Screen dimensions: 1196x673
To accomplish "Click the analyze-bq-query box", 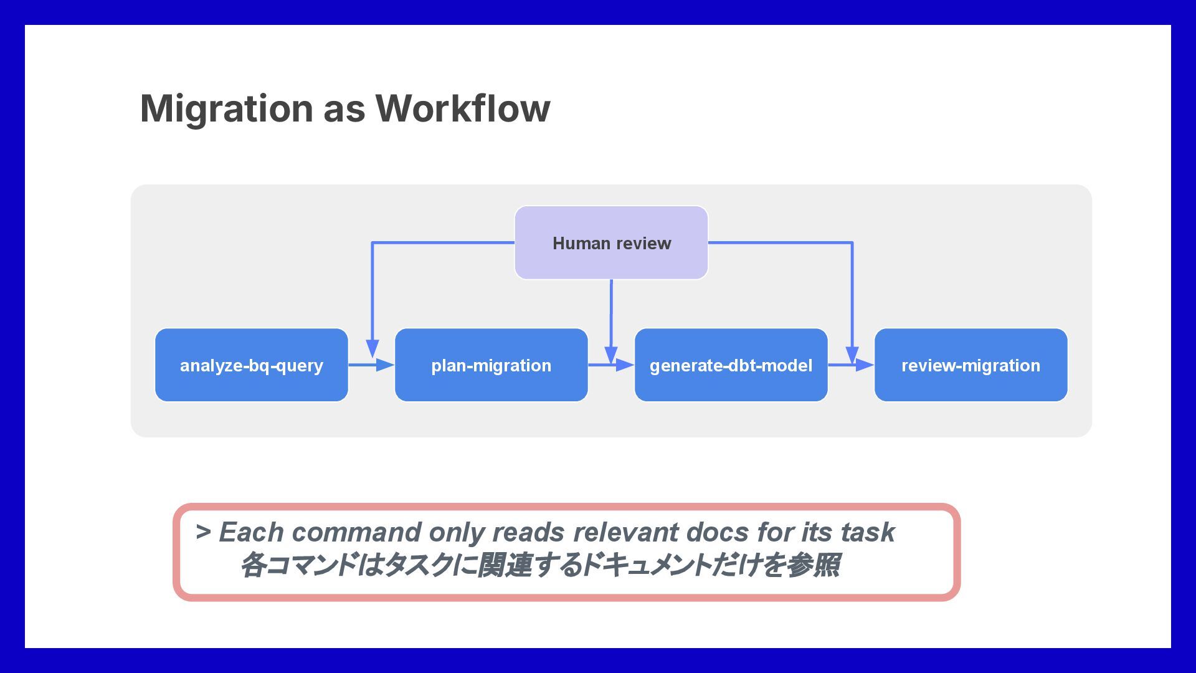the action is tap(252, 365).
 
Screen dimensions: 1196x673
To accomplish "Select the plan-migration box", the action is tap(491, 365).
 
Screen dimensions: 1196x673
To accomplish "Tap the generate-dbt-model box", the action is tap(731, 365).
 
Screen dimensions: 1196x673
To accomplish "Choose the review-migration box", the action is tap(971, 365).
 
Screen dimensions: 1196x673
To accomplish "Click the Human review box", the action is tap(611, 243).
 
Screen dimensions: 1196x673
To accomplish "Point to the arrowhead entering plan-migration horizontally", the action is tap(385, 365).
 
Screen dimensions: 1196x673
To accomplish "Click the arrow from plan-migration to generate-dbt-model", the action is tap(611, 365).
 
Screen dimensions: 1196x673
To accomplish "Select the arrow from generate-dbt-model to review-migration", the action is tap(851, 365).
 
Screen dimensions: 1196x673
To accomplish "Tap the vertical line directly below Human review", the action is tap(611, 322).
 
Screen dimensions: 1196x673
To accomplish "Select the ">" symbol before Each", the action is tap(203, 532).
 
